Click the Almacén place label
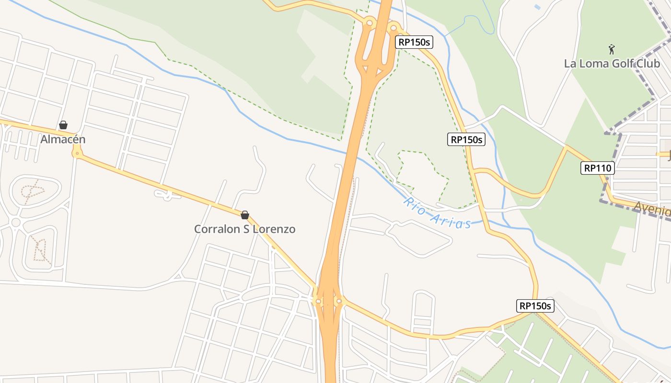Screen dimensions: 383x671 [x=63, y=139]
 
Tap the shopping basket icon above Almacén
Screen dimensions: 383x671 [x=63, y=125]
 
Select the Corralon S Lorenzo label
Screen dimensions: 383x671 [x=244, y=229]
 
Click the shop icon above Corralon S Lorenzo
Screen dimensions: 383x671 [x=245, y=215]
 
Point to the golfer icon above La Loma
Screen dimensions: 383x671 [x=612, y=49]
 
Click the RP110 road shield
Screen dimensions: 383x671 [x=597, y=168]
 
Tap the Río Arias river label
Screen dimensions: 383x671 [x=436, y=213]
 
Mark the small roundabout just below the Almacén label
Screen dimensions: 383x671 [x=77, y=154]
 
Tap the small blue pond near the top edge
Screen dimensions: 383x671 [x=537, y=7]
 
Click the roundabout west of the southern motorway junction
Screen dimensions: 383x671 [x=317, y=301]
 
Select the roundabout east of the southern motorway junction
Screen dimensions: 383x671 [x=339, y=301]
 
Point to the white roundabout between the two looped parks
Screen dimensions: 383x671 [x=15, y=222]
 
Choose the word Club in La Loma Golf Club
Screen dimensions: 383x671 [x=648, y=64]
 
